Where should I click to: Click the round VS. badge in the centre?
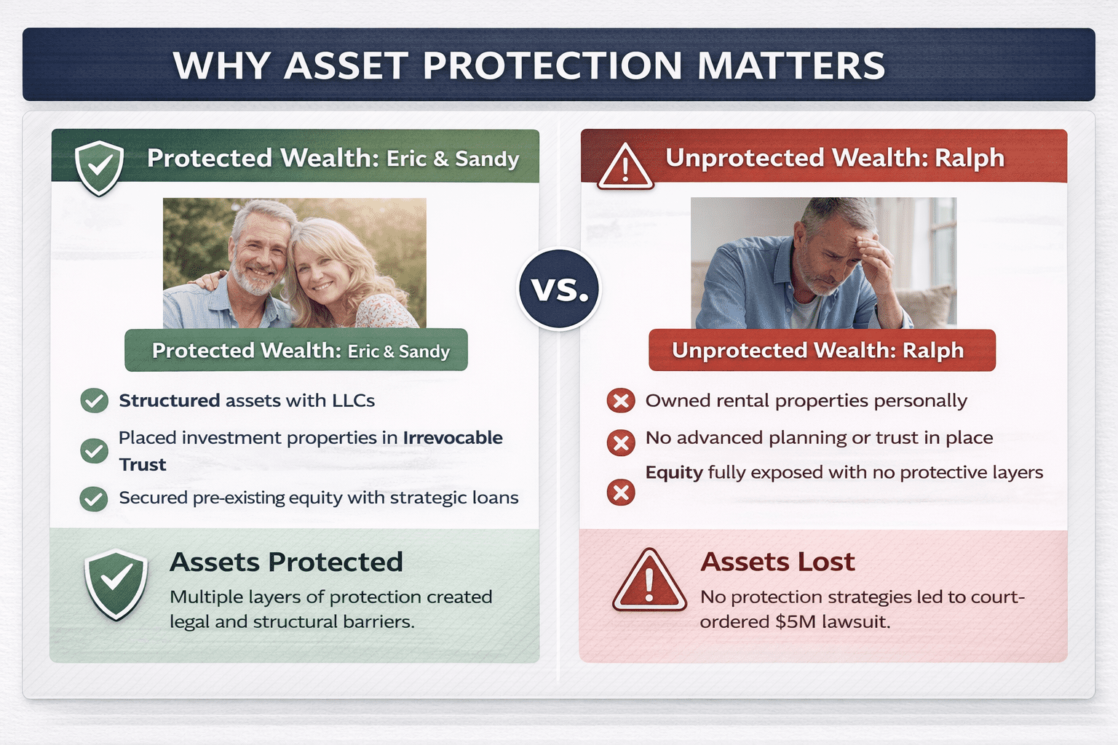pos(559,289)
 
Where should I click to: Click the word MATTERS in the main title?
pos(791,65)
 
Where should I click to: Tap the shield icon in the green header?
pos(99,167)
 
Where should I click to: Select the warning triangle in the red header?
pos(625,168)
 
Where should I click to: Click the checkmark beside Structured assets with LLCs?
pos(94,400)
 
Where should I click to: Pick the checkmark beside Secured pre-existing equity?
pos(94,498)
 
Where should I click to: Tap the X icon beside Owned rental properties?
pos(621,400)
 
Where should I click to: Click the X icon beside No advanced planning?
pos(621,442)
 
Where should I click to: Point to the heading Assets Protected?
pos(286,562)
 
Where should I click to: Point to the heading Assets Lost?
pos(777,562)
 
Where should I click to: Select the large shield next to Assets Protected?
pos(116,584)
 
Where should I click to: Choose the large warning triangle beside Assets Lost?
pos(649,581)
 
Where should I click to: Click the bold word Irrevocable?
pos(453,438)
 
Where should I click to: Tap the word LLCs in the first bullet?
pos(353,401)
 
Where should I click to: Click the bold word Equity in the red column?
pos(674,473)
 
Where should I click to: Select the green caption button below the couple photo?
pos(296,351)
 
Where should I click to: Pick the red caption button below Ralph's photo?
pos(822,351)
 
